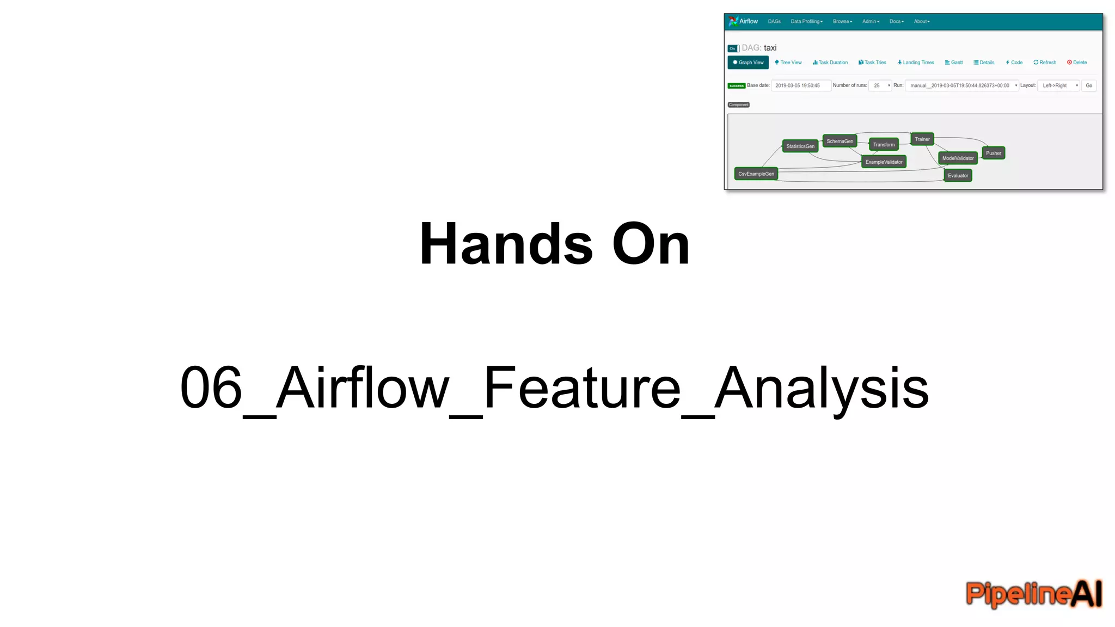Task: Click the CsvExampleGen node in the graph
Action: pos(756,174)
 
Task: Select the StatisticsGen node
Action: pos(800,146)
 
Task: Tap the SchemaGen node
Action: pos(840,142)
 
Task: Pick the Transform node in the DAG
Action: pos(884,145)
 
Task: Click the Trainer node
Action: pos(922,139)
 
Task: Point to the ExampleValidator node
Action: pos(884,162)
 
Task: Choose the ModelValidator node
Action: pos(958,158)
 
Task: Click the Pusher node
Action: pos(993,153)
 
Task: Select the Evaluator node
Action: pos(958,176)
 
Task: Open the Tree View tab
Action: pos(788,63)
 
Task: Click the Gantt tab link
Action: pos(954,63)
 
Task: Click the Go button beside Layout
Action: pos(1089,85)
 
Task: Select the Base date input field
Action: pos(800,85)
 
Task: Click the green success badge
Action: pos(736,86)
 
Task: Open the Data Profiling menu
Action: pos(806,22)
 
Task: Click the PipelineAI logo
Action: pos(1033,593)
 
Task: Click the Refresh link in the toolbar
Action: pos(1045,63)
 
